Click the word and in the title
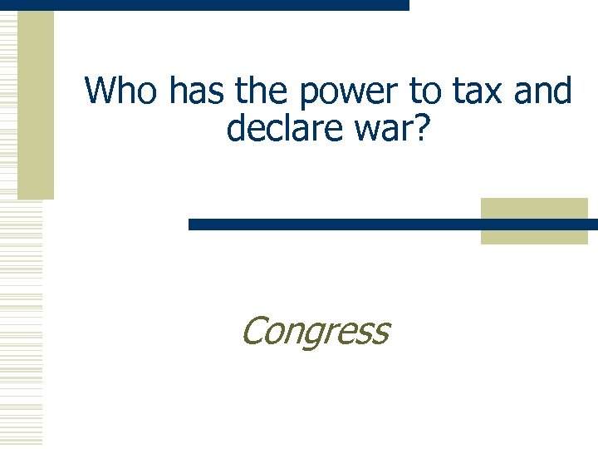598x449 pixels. point(542,91)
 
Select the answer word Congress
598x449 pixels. point(315,331)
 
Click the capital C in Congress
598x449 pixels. point(252,330)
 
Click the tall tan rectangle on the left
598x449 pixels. point(36,104)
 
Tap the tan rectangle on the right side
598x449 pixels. point(534,221)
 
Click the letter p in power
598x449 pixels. point(310,96)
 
